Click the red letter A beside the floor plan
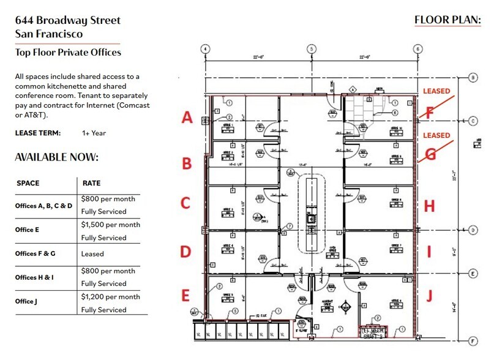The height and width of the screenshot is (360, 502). [187, 118]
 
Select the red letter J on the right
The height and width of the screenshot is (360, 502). [429, 296]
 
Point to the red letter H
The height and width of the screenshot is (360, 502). [429, 206]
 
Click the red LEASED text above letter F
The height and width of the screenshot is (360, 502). [436, 91]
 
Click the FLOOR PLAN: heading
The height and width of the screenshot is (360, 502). [448, 20]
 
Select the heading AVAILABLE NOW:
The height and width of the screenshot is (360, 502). [56, 157]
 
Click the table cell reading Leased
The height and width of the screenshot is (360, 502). [92, 253]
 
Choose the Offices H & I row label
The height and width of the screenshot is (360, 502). [35, 277]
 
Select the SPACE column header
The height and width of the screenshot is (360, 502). [28, 183]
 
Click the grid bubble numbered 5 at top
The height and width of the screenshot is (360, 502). [312, 48]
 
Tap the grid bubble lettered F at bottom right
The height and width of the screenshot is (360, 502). [473, 341]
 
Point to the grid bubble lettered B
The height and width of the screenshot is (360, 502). [473, 78]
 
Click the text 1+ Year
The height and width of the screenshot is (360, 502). [94, 133]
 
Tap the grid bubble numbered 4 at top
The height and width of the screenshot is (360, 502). [205, 48]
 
